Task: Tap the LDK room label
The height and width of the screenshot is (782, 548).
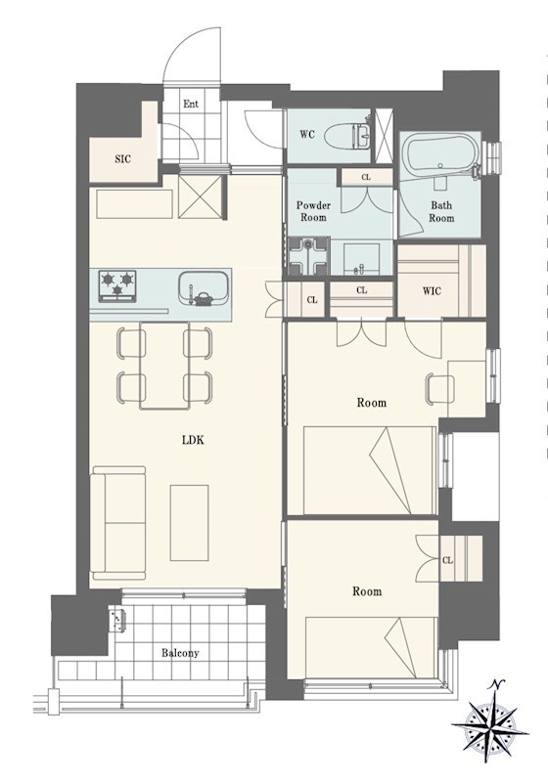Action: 193,440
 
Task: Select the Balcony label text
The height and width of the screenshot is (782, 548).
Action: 180,653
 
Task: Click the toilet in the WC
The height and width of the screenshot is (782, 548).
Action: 346,135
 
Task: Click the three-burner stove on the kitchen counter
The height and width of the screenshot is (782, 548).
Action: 117,285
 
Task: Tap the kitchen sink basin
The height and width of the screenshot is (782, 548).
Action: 204,288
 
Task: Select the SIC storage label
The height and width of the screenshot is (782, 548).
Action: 122,159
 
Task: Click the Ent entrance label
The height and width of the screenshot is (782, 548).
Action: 191,104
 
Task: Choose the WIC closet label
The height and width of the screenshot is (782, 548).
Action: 433,290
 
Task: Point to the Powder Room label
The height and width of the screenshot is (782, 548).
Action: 313,211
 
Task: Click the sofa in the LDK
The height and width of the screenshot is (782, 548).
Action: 118,523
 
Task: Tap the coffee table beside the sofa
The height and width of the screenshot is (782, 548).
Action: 189,522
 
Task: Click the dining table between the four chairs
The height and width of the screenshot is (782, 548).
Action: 164,366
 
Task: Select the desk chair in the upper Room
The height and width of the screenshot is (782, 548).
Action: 439,387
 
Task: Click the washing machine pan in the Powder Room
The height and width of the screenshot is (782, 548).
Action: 309,255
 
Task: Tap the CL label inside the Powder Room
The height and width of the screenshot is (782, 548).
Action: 366,177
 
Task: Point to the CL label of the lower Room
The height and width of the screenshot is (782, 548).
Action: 447,560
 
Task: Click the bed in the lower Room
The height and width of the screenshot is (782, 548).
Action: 371,647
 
